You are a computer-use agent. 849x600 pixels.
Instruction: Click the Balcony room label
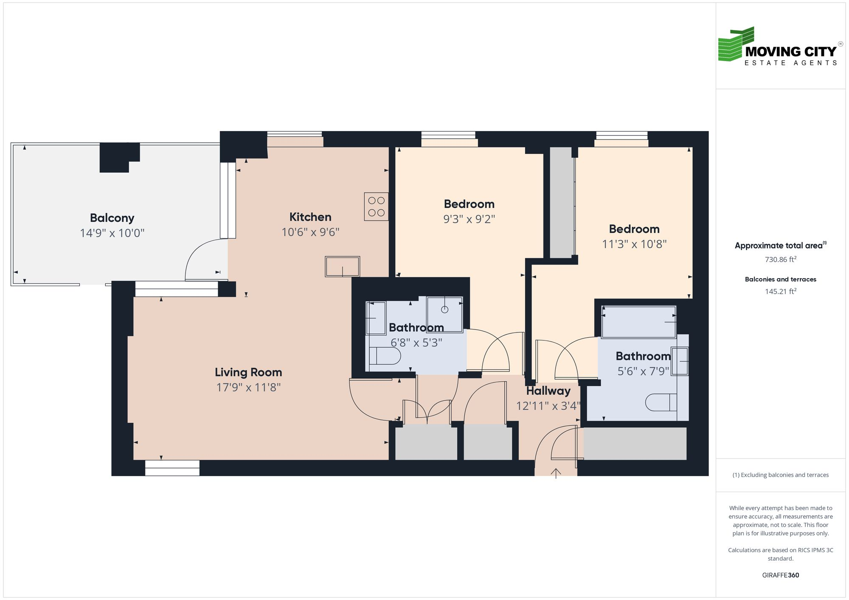(112, 218)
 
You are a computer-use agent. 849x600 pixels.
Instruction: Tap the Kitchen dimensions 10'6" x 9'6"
(310, 232)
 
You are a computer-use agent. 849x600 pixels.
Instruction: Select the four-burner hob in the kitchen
(376, 207)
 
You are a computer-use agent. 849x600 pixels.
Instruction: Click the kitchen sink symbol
(342, 267)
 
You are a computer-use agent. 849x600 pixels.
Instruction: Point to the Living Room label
(248, 372)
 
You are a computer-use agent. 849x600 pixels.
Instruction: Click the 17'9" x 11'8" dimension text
(248, 388)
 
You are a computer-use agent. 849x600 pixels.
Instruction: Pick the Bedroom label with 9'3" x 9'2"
(469, 204)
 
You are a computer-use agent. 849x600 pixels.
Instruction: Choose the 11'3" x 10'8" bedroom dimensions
(634, 244)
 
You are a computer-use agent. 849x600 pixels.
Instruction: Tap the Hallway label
(548, 391)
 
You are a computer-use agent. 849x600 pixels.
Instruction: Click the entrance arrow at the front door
(556, 472)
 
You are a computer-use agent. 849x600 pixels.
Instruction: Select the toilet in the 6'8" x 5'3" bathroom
(384, 356)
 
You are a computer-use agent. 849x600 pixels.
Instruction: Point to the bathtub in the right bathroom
(638, 322)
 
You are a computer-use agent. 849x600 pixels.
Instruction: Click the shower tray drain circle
(444, 310)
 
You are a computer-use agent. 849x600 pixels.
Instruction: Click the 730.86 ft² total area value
(780, 260)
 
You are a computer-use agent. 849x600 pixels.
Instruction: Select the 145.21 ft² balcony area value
(780, 291)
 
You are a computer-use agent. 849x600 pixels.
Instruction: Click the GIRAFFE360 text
(780, 575)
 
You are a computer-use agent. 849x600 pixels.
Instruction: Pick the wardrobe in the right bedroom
(561, 203)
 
